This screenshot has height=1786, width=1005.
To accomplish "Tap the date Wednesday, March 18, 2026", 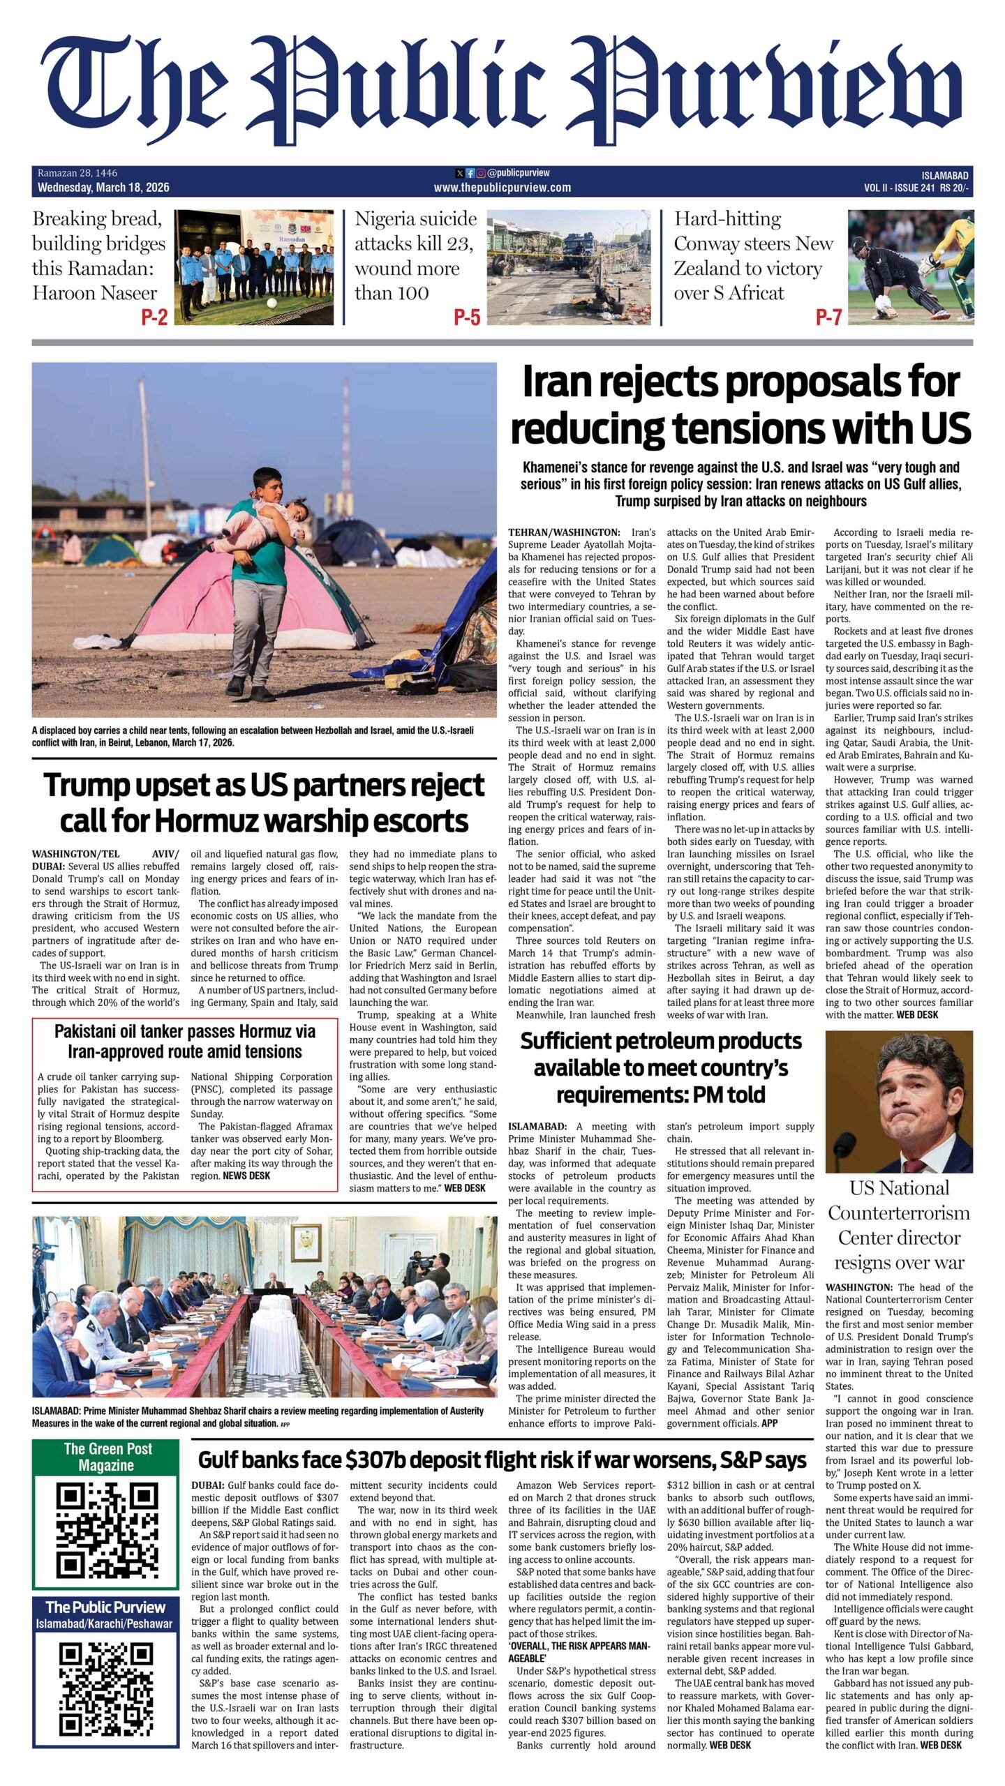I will coord(103,188).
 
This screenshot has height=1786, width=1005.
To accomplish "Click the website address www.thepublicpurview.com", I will coord(502,188).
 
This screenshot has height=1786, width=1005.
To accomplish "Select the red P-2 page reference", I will coord(154,317).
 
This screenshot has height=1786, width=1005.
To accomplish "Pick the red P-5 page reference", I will coord(467,317).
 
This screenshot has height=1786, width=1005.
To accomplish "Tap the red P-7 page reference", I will coord(828,317).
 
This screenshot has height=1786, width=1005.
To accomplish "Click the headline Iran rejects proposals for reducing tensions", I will coord(740,405).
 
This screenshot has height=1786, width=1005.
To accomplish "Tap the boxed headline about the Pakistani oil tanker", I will coord(185,1041).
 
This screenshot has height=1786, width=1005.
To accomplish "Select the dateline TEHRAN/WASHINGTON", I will coord(564,532).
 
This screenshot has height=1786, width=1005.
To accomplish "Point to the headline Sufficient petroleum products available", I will coord(661,1067).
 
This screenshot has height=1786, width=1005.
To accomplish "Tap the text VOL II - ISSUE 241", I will coord(899,188).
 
